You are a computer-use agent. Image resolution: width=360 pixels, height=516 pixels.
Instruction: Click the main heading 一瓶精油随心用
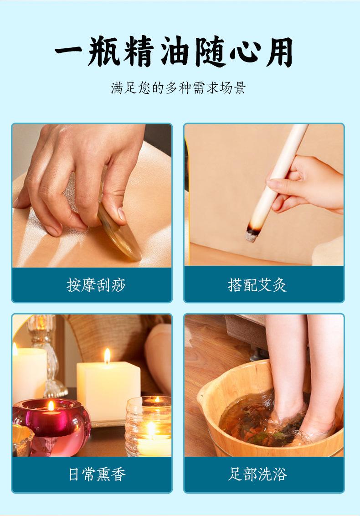[174, 52]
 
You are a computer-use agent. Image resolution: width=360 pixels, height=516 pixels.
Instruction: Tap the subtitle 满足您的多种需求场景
[178, 88]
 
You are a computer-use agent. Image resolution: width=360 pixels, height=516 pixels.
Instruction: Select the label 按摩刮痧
[96, 284]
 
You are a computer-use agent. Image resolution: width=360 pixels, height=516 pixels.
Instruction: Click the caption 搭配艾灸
[257, 284]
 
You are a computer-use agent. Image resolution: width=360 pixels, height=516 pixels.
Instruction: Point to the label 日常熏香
[97, 474]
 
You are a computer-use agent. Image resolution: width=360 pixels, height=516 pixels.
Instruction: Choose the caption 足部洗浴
[257, 474]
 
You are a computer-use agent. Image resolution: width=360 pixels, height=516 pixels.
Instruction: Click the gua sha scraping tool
[119, 232]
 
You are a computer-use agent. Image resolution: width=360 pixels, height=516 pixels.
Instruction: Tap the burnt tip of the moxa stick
[252, 233]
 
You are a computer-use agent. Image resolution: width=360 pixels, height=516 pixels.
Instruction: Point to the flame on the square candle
[107, 356]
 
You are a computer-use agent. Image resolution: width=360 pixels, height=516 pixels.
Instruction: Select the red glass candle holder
[51, 427]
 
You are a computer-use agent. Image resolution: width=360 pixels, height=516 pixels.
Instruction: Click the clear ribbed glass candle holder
[149, 426]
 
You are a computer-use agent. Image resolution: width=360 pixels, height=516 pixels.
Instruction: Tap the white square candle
[108, 392]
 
